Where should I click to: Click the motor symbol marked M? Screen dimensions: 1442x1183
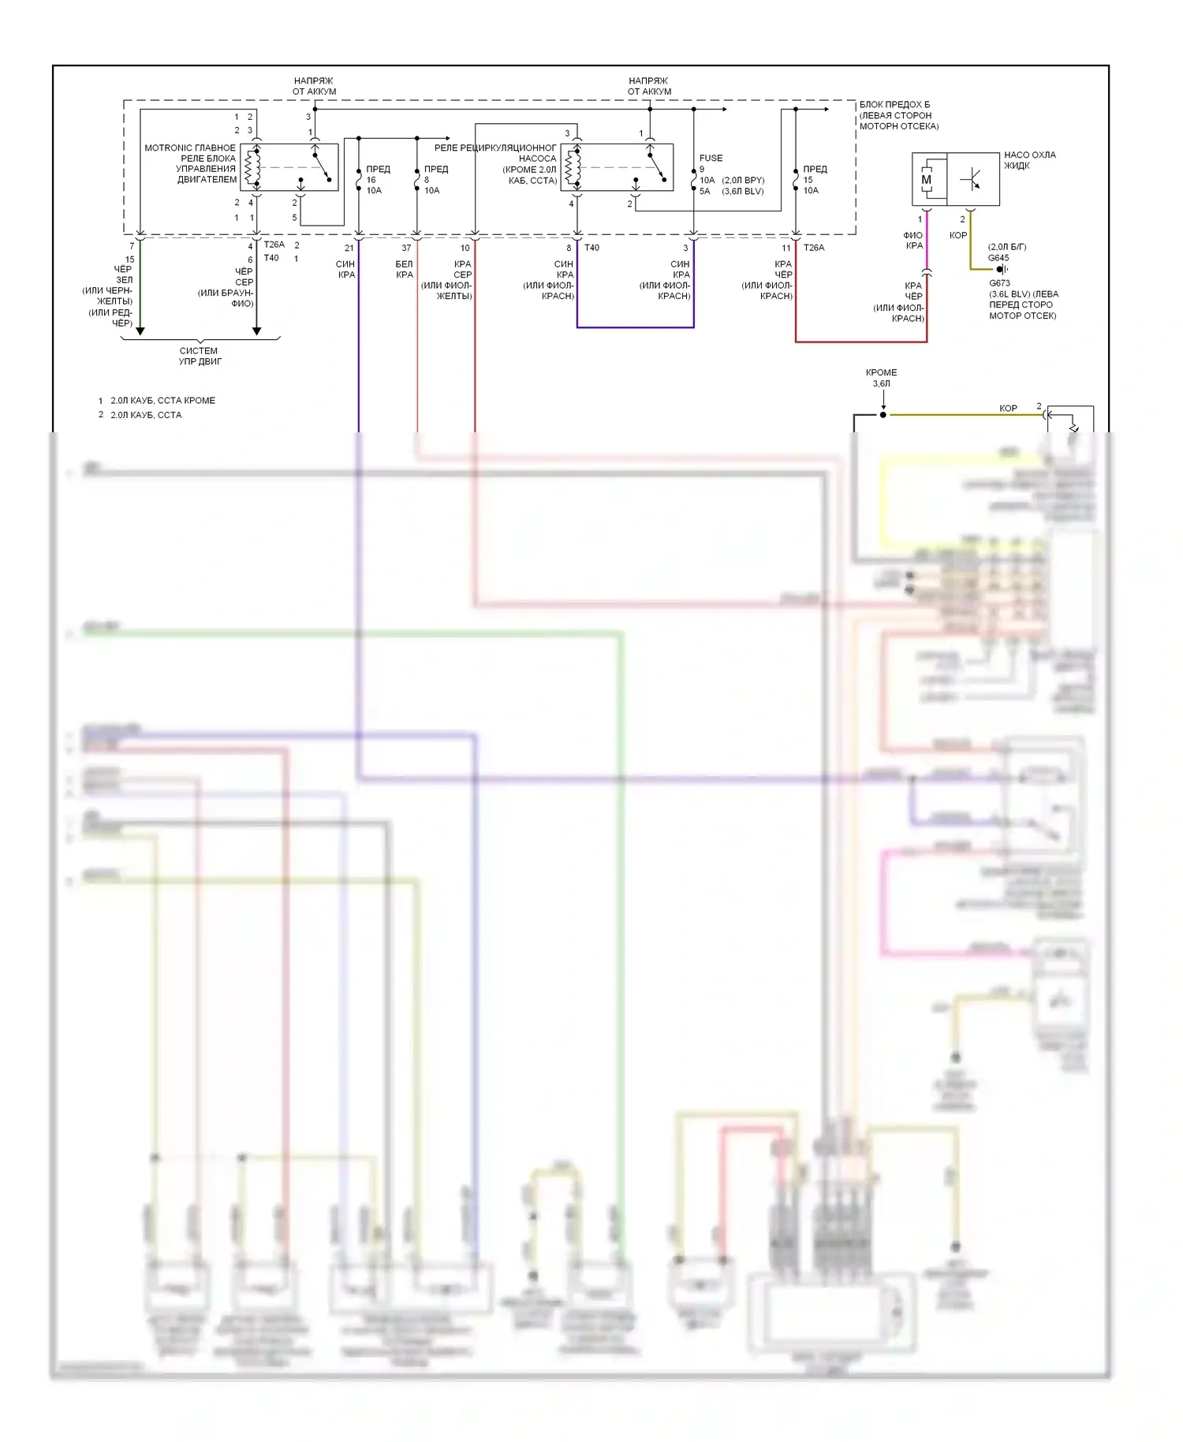[x=926, y=180]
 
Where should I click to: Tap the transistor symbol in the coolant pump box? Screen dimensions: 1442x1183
[x=972, y=180]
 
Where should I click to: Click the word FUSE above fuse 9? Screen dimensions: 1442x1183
[x=711, y=159]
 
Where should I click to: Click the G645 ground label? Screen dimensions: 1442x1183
[x=998, y=258]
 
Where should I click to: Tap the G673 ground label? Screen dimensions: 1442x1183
[x=999, y=283]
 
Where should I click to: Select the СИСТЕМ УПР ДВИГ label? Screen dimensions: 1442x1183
[x=200, y=357]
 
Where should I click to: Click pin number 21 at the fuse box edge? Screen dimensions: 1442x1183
[x=349, y=248]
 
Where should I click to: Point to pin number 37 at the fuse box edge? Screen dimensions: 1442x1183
[x=406, y=248]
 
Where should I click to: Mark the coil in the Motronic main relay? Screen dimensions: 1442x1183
[x=252, y=166]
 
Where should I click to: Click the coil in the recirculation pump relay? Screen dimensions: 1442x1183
[x=573, y=166]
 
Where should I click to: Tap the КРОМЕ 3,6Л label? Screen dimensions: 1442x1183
[x=881, y=378]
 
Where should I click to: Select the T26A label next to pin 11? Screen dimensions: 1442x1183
[x=814, y=248]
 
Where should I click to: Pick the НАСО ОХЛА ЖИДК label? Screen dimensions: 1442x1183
[x=1029, y=160]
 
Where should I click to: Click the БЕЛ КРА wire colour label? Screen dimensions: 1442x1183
[x=404, y=270]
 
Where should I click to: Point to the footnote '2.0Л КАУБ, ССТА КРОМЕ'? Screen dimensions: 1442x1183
[x=162, y=401]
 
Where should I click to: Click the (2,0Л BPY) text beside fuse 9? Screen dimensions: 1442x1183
[x=743, y=181]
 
